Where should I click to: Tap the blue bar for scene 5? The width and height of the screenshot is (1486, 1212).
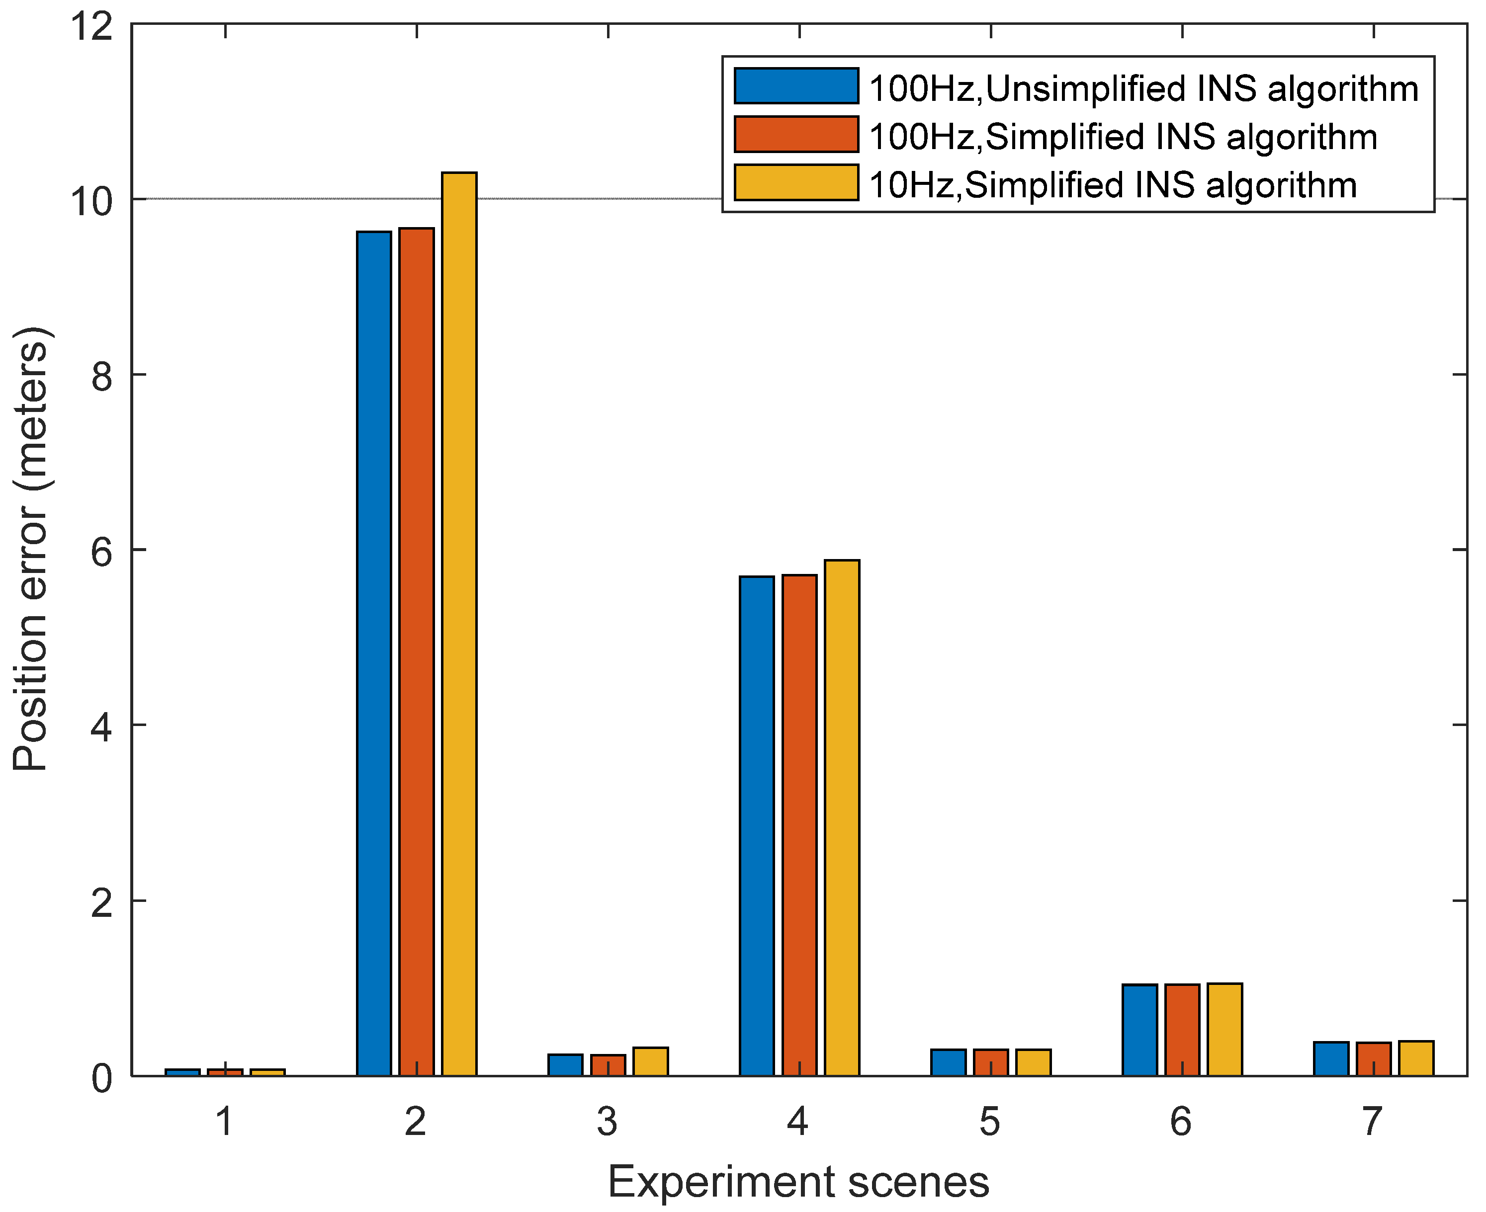[948, 1062]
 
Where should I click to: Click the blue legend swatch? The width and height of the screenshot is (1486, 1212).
[796, 86]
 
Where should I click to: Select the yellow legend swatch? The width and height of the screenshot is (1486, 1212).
[796, 183]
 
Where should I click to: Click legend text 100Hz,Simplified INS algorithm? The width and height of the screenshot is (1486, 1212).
[1123, 136]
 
